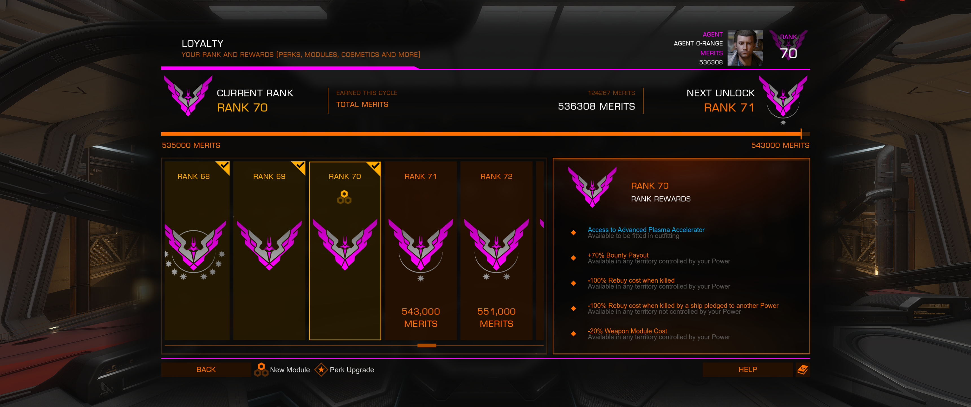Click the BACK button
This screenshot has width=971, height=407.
click(x=206, y=369)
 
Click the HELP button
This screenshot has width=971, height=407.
click(x=747, y=369)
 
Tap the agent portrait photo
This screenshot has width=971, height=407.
click(x=745, y=48)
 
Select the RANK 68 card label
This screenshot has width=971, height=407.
click(x=193, y=176)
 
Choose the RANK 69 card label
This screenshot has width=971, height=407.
click(x=269, y=176)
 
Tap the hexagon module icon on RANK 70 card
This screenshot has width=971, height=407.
click(x=344, y=197)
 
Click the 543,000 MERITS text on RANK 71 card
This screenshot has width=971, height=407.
click(x=421, y=317)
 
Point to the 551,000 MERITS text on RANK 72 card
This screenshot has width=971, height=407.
click(x=497, y=317)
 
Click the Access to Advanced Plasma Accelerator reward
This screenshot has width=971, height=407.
click(x=646, y=230)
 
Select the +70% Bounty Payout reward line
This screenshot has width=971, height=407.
click(x=618, y=255)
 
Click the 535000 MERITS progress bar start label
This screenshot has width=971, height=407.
click(x=191, y=145)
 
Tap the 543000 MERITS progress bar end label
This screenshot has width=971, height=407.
click(x=780, y=145)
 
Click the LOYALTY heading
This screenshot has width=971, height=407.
click(x=202, y=44)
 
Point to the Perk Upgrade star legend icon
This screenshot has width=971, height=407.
click(x=321, y=370)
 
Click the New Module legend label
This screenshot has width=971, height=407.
click(x=290, y=370)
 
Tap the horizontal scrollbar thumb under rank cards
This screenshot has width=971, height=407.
click(x=427, y=345)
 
